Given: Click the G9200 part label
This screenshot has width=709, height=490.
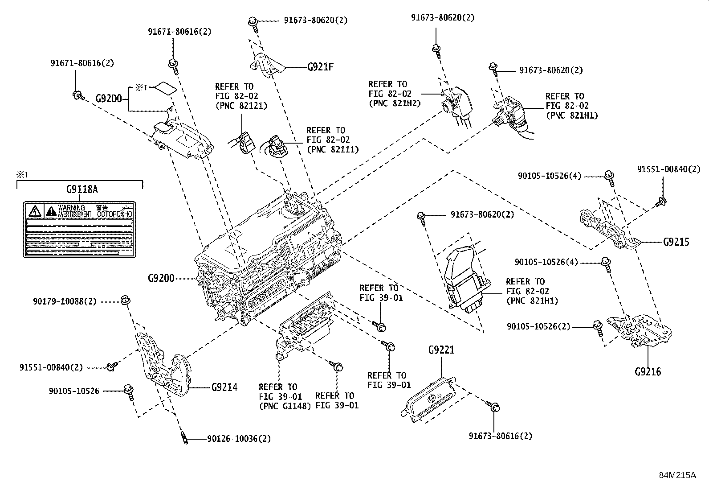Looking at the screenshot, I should (161, 279).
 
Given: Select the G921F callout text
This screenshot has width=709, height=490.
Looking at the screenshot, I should (320, 67).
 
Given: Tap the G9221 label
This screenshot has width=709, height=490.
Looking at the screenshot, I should (441, 350).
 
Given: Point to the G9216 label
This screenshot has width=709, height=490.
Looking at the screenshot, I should (648, 371).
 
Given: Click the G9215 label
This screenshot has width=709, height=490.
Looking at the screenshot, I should (676, 242).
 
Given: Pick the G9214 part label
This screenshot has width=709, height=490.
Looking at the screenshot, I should (224, 387).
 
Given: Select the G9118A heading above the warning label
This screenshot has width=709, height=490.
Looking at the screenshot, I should (81, 189).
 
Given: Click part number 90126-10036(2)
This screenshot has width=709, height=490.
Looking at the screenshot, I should (239, 439).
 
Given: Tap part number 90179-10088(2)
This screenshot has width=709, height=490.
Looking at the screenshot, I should (64, 301).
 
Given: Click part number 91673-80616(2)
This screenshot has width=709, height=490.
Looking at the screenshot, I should (500, 436).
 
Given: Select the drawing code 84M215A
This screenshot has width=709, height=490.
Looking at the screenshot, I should (677, 475).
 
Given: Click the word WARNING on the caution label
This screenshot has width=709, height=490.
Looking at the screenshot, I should (71, 208).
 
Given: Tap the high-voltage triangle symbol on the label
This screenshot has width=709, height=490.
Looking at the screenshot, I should (34, 210).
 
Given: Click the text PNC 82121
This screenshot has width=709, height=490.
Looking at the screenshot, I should (241, 106).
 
